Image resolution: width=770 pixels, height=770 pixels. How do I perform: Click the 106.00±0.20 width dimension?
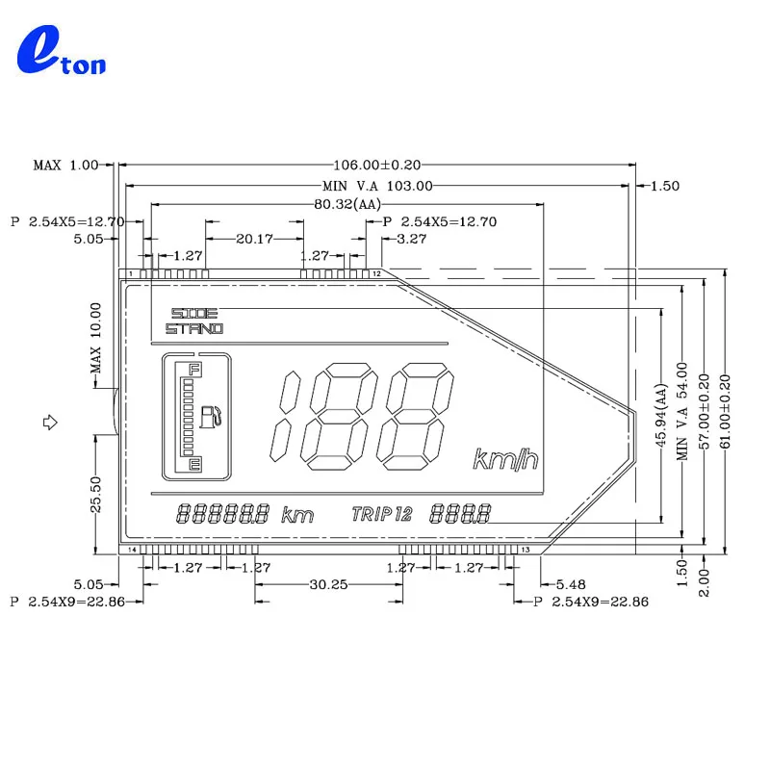click(376, 166)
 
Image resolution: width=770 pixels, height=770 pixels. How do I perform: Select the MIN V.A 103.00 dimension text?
click(377, 185)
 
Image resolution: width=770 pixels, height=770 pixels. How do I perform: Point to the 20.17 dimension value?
click(254, 238)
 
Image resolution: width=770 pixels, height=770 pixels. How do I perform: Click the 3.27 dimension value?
click(412, 238)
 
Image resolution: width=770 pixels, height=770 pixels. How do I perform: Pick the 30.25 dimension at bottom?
click(328, 584)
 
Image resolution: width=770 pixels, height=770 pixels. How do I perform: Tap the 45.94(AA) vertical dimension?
click(661, 420)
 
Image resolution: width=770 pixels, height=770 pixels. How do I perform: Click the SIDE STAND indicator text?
click(193, 321)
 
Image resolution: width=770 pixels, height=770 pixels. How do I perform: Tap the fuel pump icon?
click(211, 416)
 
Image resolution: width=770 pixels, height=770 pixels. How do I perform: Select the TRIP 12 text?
click(382, 514)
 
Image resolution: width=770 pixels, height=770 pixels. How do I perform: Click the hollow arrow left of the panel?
click(52, 421)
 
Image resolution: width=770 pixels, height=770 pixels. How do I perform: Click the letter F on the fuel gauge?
click(194, 370)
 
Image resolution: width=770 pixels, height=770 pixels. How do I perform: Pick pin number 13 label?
click(526, 549)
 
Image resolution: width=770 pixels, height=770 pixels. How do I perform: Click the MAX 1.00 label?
click(65, 166)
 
